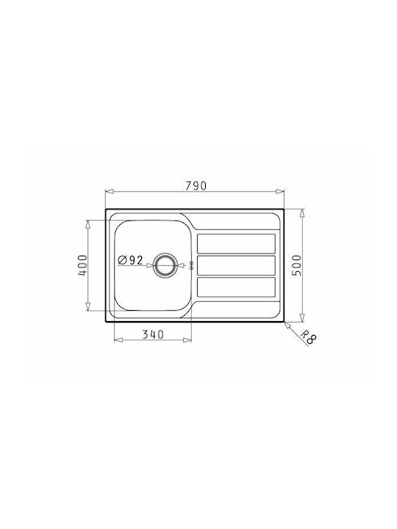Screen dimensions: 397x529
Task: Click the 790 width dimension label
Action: (196, 186)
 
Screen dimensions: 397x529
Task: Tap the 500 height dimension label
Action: (296, 265)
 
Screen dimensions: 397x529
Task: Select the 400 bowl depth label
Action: (82, 265)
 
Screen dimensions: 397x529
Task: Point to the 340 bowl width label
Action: (153, 334)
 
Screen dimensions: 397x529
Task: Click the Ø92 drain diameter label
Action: (131, 260)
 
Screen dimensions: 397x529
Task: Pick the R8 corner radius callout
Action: (308, 337)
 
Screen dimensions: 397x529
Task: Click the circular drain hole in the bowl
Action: (165, 265)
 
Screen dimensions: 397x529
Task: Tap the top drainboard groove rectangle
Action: (236, 244)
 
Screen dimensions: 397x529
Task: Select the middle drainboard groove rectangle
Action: (236, 265)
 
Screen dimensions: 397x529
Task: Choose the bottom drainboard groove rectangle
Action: (236, 287)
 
